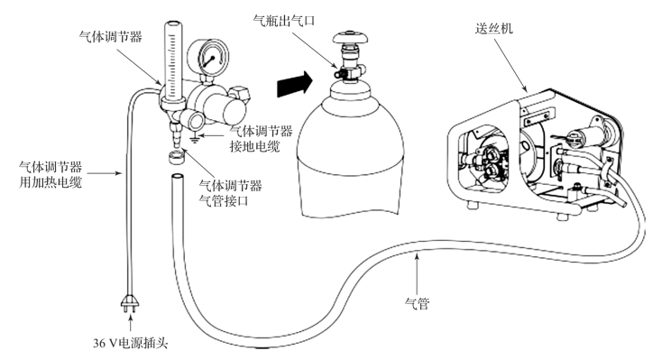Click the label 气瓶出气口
[x=284, y=20]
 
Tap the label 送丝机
[x=493, y=28]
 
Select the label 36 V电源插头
[x=131, y=343]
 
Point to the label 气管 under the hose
[x=417, y=303]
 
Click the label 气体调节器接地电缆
[x=261, y=139]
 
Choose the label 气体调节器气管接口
[x=231, y=193]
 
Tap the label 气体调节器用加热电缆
[x=51, y=174]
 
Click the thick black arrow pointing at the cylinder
[x=295, y=84]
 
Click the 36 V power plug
[x=130, y=303]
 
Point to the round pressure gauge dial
[x=208, y=57]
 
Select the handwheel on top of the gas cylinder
[x=350, y=37]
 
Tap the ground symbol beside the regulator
[x=194, y=138]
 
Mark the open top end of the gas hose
[x=178, y=177]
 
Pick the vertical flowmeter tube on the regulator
[x=172, y=61]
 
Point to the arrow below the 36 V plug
[x=130, y=324]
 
